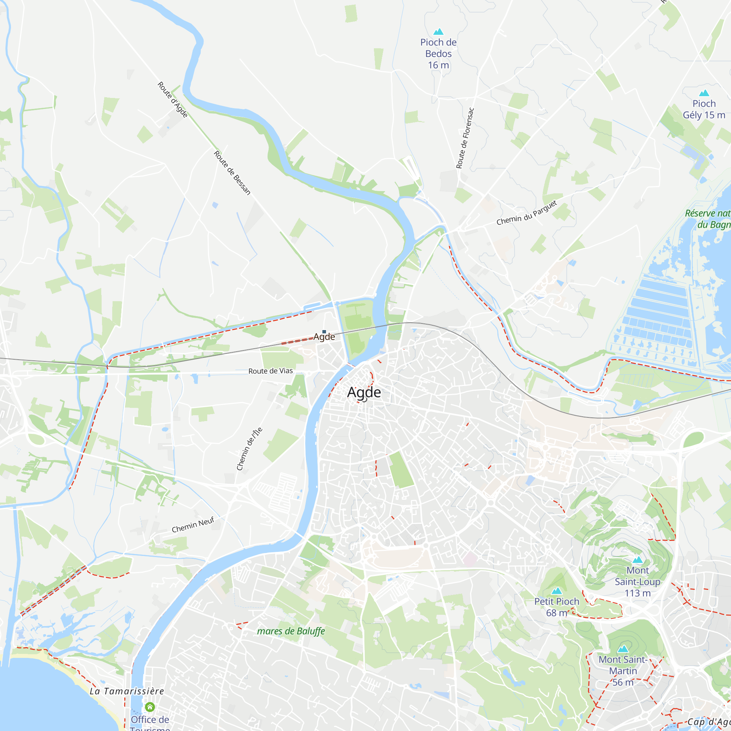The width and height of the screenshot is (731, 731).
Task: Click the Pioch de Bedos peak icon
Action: pyautogui.click(x=438, y=31)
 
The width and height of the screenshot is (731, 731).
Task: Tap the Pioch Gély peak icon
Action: pyautogui.click(x=704, y=93)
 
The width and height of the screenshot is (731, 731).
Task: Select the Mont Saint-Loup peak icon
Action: pyautogui.click(x=637, y=560)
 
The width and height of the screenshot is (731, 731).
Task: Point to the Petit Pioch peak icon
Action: pyautogui.click(x=557, y=591)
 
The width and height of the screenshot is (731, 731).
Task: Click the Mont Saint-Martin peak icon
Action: pyautogui.click(x=623, y=649)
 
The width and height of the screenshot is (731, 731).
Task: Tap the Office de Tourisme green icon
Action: pyautogui.click(x=150, y=707)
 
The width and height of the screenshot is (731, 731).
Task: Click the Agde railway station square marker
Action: pyautogui.click(x=324, y=332)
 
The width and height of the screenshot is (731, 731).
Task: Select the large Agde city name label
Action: pyautogui.click(x=364, y=392)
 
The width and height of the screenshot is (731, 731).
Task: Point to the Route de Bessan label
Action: pyautogui.click(x=232, y=173)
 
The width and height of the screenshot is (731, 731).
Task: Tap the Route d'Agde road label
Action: pyautogui.click(x=173, y=99)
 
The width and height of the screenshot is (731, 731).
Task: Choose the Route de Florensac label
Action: pyautogui.click(x=465, y=138)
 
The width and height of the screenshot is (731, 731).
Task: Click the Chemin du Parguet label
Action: pyautogui.click(x=527, y=213)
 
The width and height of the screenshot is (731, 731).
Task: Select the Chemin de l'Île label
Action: pyautogui.click(x=249, y=449)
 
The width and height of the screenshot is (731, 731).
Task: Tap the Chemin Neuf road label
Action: pyautogui.click(x=193, y=525)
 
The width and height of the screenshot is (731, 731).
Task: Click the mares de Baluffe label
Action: pyautogui.click(x=291, y=631)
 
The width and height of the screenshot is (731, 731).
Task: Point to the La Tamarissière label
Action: pyautogui.click(x=127, y=691)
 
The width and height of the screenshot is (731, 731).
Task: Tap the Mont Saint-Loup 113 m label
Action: pyautogui.click(x=637, y=582)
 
